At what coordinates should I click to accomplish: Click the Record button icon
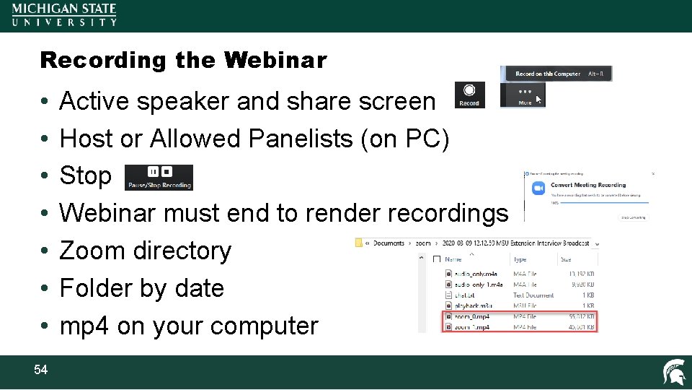(469, 95)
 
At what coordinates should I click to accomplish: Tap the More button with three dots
(525, 95)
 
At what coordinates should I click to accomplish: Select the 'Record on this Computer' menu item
(548, 74)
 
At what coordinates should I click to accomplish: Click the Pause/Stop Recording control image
(159, 177)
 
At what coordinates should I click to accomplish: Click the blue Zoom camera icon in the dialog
(536, 187)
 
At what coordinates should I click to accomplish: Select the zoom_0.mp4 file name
(472, 316)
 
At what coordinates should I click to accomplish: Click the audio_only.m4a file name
(472, 274)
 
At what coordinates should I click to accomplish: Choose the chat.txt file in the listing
(465, 295)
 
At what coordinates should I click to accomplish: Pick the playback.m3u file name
(471, 305)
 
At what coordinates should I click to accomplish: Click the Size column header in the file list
(566, 259)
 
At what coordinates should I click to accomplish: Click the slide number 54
(40, 370)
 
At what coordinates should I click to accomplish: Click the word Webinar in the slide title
(275, 60)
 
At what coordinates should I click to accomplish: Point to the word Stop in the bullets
(85, 175)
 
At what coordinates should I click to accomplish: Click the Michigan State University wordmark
(64, 14)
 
